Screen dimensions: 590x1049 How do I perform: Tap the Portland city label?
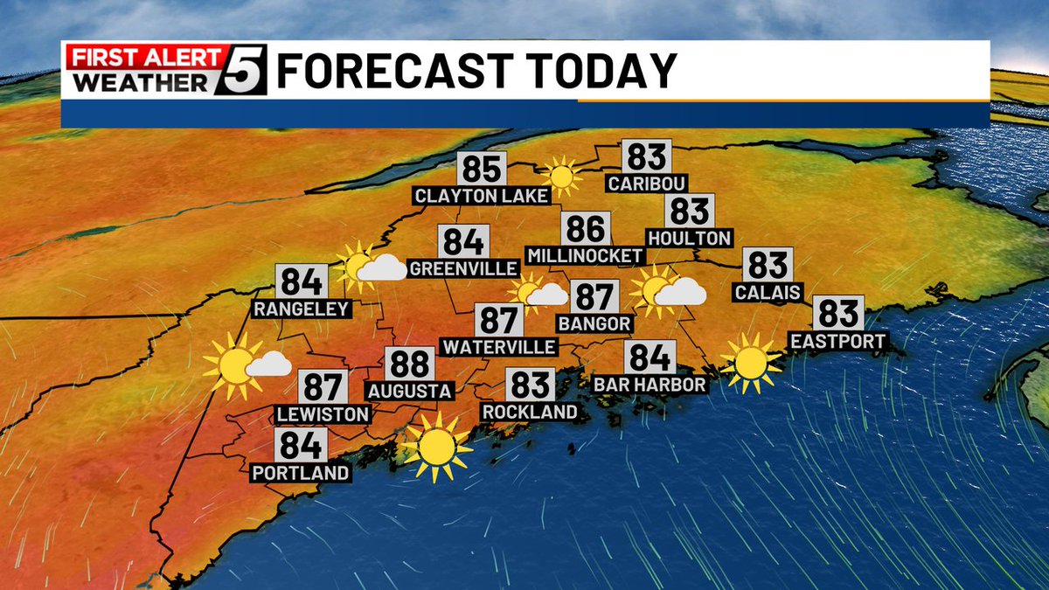pos(301,473)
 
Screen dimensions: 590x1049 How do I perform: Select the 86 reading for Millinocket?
pos(585,229)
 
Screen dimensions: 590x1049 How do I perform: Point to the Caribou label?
pos(648,184)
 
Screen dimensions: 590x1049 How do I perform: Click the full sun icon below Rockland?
pos(435,448)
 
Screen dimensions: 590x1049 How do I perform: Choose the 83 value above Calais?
pos(768,265)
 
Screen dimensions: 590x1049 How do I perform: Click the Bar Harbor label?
pos(650,385)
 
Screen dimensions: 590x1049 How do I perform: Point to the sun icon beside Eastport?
pos(750,362)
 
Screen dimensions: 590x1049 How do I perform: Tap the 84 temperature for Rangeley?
pos(302,281)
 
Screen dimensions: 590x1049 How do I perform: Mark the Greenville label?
pos(463,268)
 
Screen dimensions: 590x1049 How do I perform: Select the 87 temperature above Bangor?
pos(594,297)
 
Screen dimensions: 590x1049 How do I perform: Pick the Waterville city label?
pos(499,347)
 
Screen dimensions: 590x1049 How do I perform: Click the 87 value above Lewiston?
pos(323,386)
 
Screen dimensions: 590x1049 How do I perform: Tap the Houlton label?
pos(690,238)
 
